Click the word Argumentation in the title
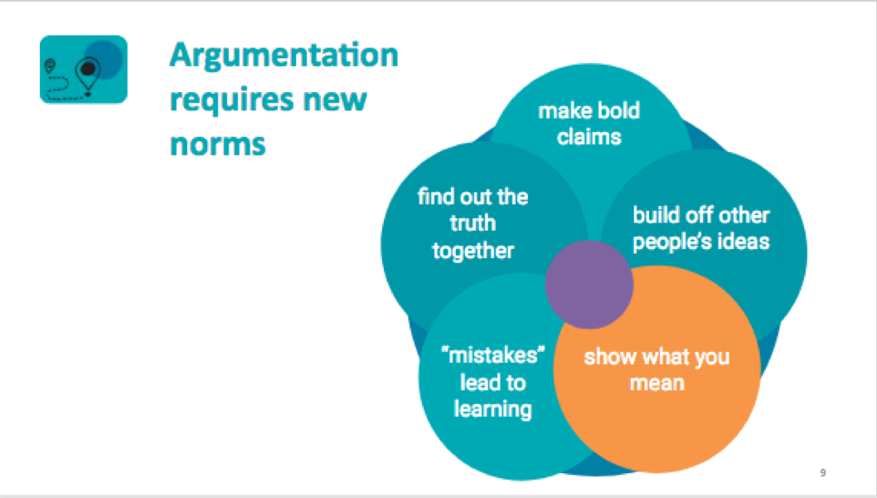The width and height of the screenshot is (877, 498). pyautogui.click(x=283, y=56)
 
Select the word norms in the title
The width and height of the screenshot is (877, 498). pyautogui.click(x=217, y=143)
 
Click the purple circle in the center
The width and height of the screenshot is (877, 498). pyautogui.click(x=589, y=285)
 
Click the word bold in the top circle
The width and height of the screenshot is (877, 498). pyautogui.click(x=615, y=110)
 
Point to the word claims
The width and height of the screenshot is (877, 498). pyautogui.click(x=589, y=136)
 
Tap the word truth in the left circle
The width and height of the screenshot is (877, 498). pyautogui.click(x=472, y=223)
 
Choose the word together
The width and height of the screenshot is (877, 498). pyautogui.click(x=472, y=250)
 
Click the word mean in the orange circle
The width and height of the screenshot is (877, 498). pyautogui.click(x=656, y=383)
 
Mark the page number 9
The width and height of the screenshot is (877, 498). pyautogui.click(x=822, y=473)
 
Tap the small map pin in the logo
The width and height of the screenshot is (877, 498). pyautogui.click(x=52, y=64)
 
